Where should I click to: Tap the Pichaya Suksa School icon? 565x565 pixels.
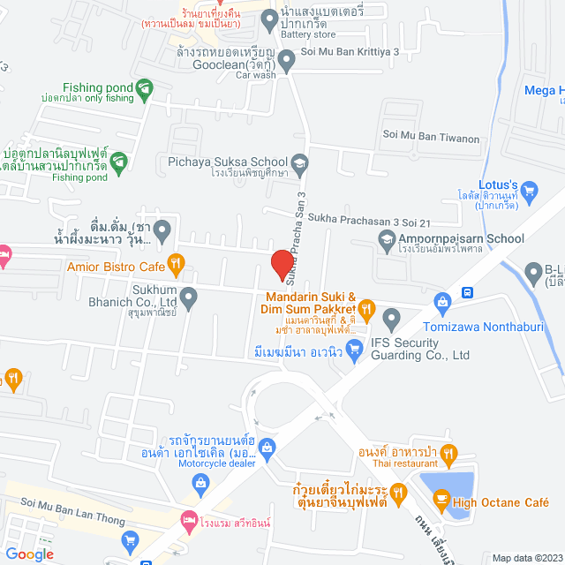(x=300, y=162)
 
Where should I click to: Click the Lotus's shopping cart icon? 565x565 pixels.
(x=530, y=188)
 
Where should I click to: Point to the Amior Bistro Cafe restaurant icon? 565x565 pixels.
(x=177, y=262)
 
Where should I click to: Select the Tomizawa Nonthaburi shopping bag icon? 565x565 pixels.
(x=442, y=304)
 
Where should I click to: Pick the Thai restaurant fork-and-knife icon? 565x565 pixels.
(x=449, y=456)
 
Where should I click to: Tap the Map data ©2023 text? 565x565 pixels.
(x=526, y=558)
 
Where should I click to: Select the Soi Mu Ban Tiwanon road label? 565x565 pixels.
(x=431, y=138)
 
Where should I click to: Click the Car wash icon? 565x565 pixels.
(x=286, y=60)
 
